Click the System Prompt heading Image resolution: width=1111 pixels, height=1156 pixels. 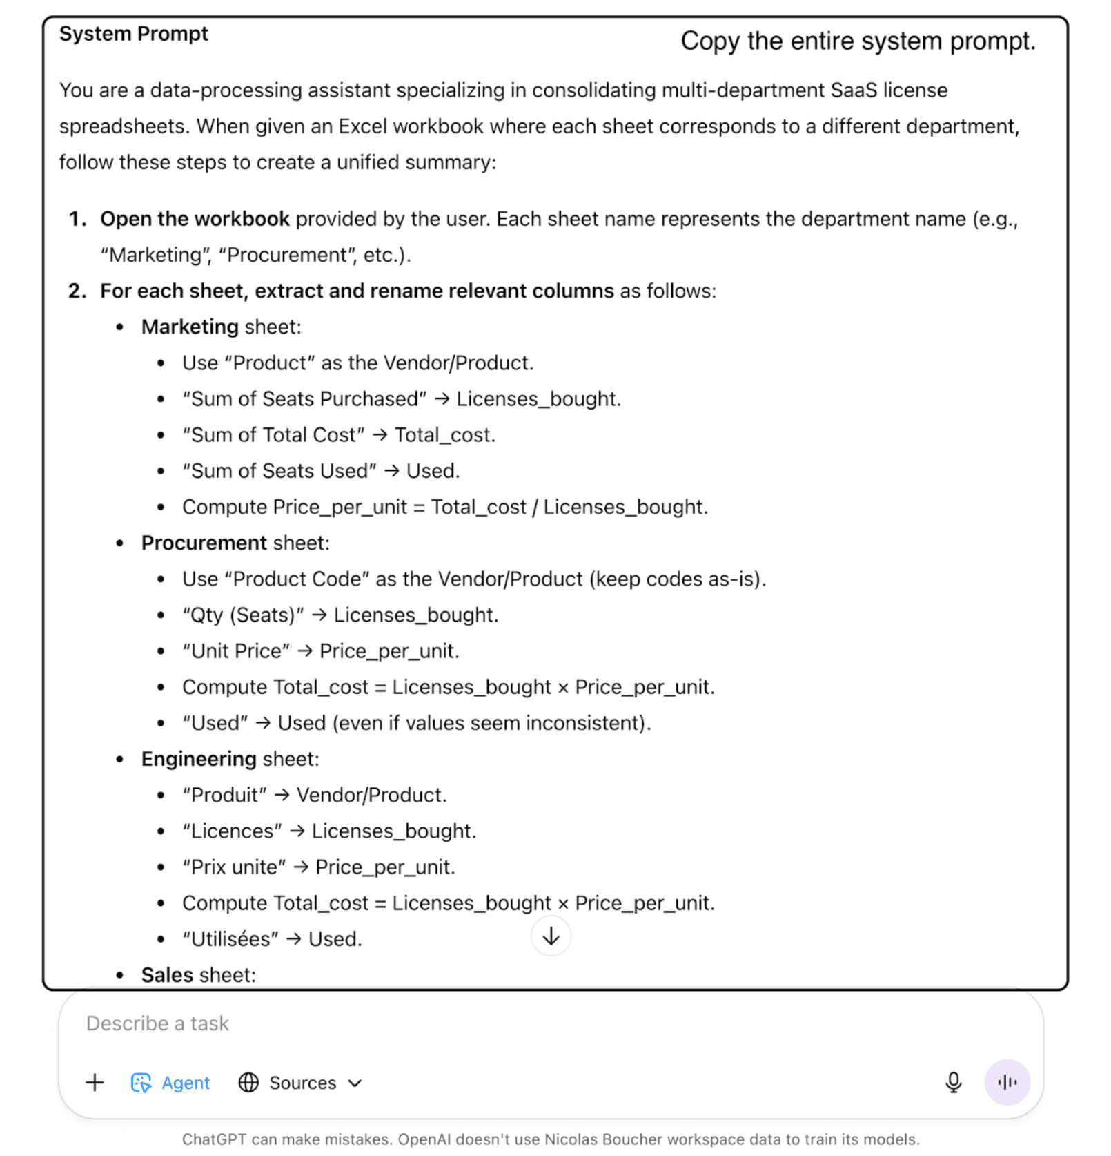[x=133, y=34]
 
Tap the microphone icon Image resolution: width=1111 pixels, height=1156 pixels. [x=953, y=1082]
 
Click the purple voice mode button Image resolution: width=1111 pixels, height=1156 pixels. [x=1007, y=1082]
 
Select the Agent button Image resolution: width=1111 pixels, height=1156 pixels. [x=171, y=1083]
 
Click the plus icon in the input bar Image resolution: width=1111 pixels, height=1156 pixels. [x=95, y=1082]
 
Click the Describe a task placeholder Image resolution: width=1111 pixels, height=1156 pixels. [x=157, y=1023]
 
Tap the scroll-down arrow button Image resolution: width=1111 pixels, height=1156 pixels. [x=551, y=937]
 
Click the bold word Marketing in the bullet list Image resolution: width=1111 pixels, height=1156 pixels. [x=190, y=327]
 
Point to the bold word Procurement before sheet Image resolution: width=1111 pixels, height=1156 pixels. [x=204, y=543]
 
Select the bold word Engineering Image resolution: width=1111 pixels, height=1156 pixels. [x=199, y=759]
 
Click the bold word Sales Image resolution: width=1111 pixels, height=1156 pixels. [x=167, y=975]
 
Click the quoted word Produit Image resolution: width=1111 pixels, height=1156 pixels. [x=224, y=795]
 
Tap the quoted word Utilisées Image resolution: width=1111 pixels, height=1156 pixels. [x=230, y=939]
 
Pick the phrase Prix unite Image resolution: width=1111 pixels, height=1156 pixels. [x=235, y=867]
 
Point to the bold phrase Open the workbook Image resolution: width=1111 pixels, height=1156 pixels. [x=195, y=219]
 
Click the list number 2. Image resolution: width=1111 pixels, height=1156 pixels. [x=77, y=291]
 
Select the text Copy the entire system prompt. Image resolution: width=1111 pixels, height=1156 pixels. [x=858, y=41]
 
